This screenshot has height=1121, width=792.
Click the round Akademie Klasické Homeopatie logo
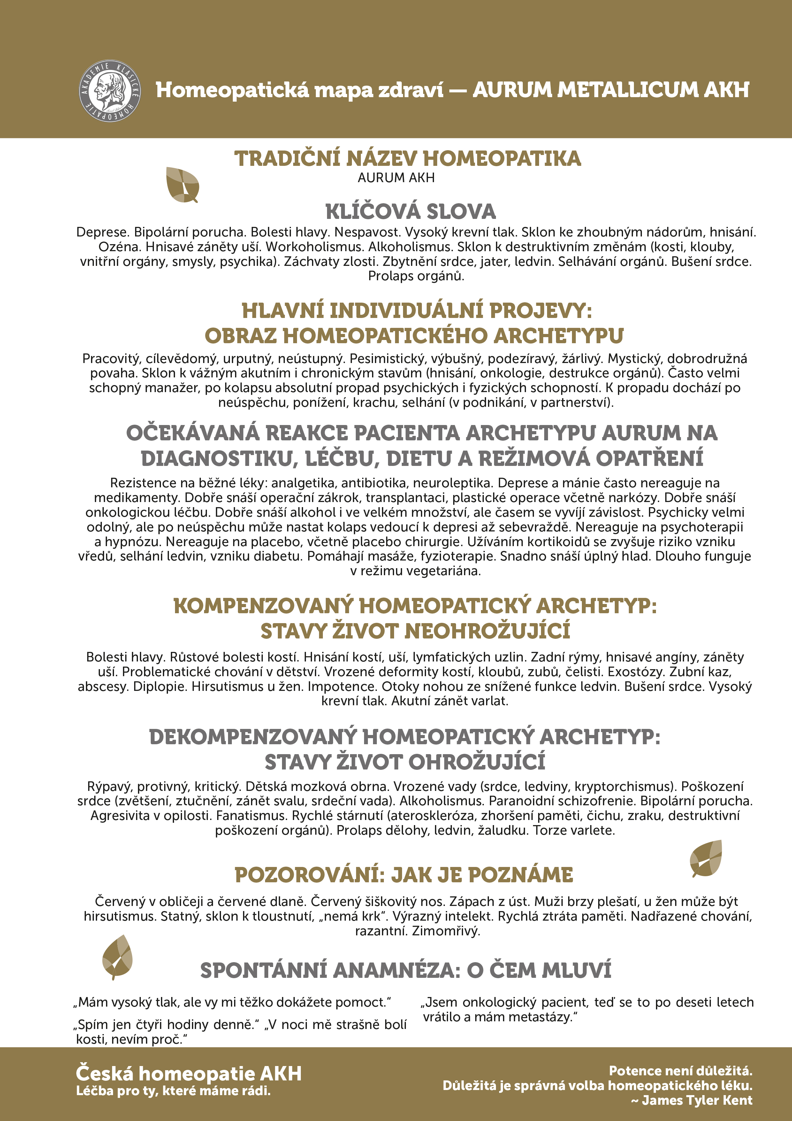coord(110,91)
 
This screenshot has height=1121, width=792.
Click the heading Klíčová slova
coord(410,212)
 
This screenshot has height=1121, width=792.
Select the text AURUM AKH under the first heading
coord(396,178)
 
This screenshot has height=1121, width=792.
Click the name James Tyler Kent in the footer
coord(697,1100)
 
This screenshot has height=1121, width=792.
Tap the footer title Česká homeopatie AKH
coord(188,1074)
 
